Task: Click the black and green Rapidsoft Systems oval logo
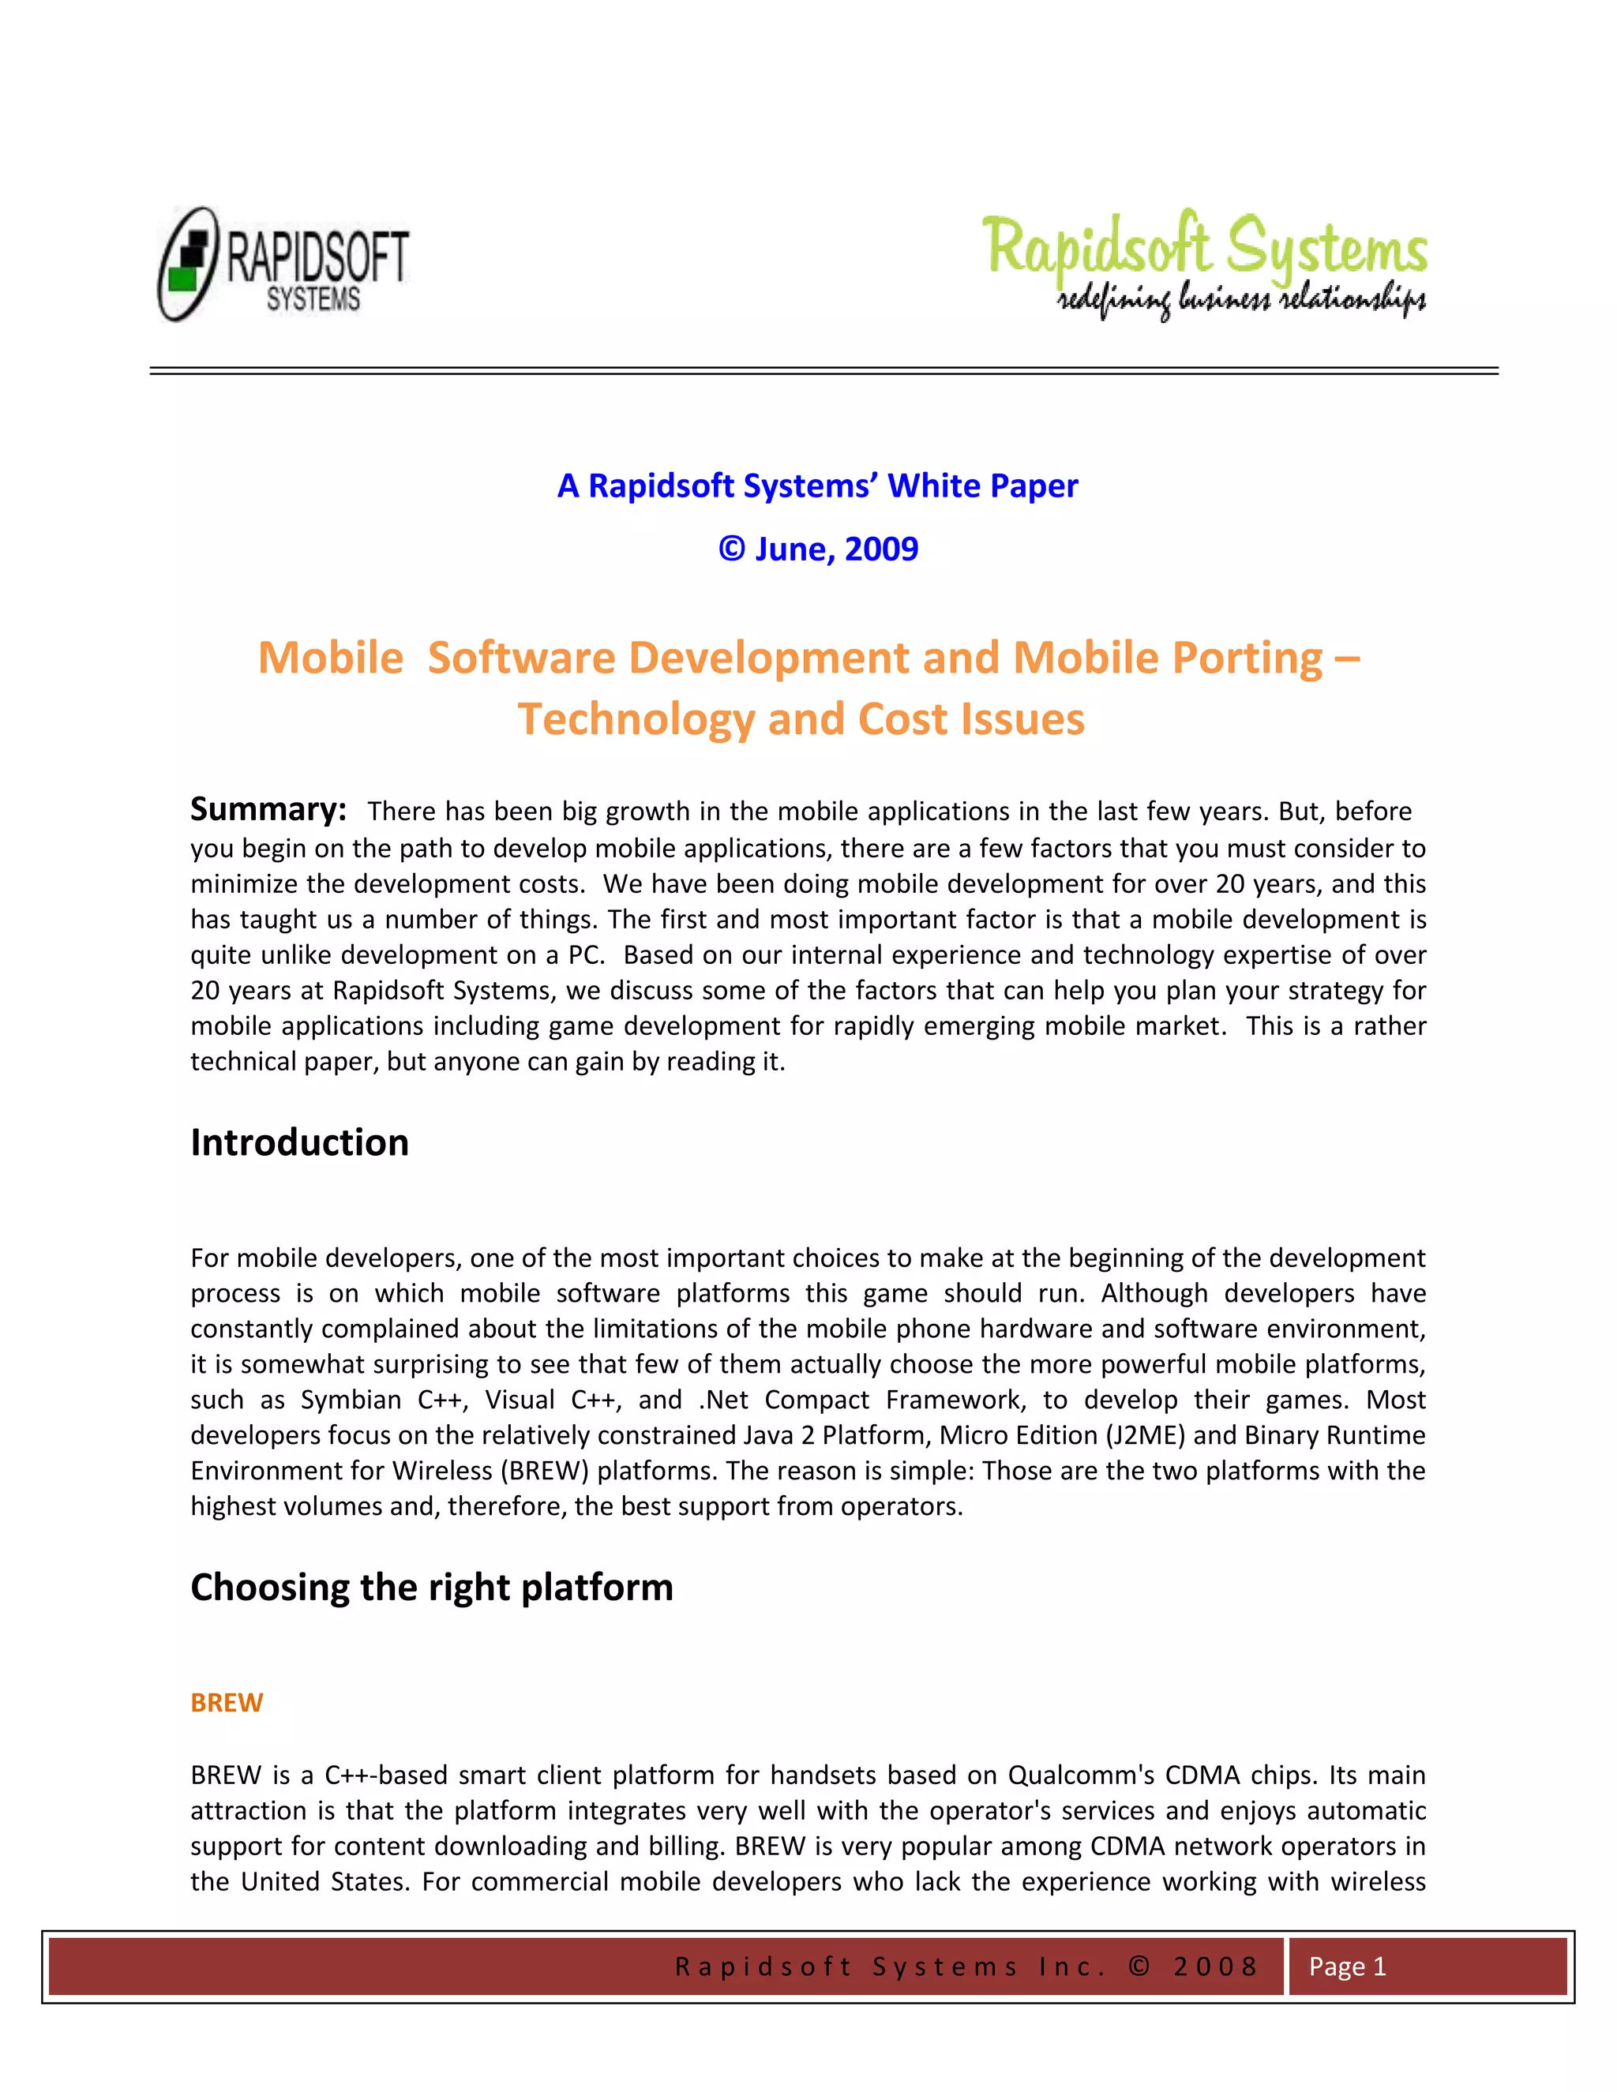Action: point(283,264)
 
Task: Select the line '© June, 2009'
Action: point(818,549)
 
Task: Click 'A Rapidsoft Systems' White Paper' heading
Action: point(817,486)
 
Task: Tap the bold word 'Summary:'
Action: point(268,809)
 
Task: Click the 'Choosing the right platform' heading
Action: point(431,1588)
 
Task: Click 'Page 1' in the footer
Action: point(1347,1966)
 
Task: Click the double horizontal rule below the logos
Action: point(824,371)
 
